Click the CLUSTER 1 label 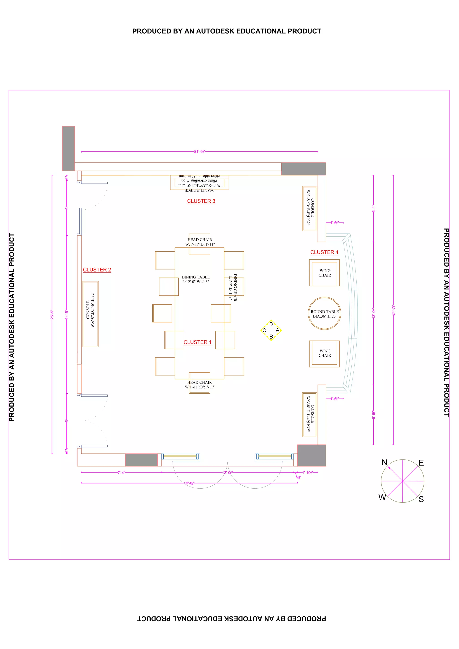[197, 342]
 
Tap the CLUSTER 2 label [97, 270]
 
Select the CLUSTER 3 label [201, 201]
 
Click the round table [324, 313]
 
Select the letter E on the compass [421, 463]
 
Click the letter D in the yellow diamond [271, 324]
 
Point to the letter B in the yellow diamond [271, 337]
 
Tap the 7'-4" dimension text [121, 473]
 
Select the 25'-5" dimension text [52, 315]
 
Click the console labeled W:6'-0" [91, 314]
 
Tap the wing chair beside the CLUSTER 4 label [324, 273]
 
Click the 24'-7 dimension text [393, 310]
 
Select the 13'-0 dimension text [374, 313]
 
